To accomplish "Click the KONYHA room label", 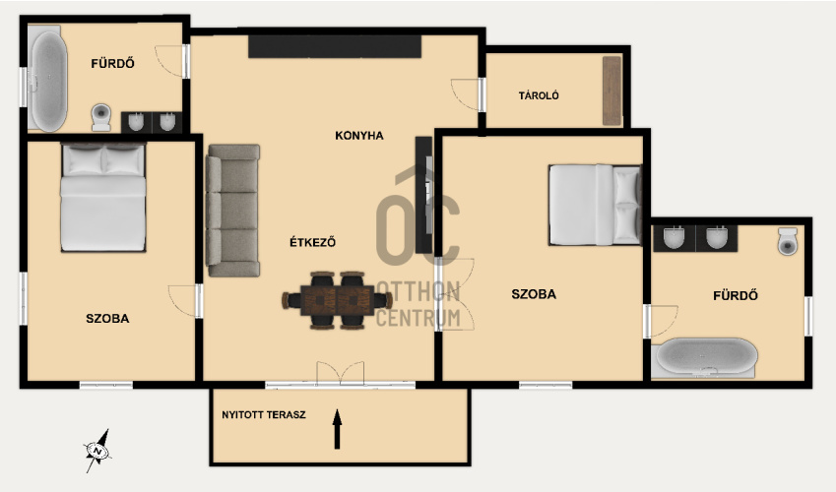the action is point(358,136).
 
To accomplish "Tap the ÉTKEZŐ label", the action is point(312,242).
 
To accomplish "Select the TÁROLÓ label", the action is point(539,95).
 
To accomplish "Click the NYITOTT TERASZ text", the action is point(264,414).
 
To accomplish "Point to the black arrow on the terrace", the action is point(337,429).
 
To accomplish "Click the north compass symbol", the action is point(97,451).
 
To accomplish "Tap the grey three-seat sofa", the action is point(233,211).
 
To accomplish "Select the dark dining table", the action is point(337,300).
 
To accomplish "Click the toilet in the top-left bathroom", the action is point(100,117).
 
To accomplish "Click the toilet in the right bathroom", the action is point(788,241).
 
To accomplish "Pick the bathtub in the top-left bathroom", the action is point(48,81).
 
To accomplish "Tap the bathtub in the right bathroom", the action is point(706,357).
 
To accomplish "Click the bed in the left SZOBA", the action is point(103,197).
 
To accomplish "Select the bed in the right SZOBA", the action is point(595,205).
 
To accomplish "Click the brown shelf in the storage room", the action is point(612,91).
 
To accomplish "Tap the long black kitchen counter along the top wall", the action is point(335,46).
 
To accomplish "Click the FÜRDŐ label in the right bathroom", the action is point(736,295).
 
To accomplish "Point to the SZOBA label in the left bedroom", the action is point(107,318).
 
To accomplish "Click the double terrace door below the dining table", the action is point(341,373).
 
